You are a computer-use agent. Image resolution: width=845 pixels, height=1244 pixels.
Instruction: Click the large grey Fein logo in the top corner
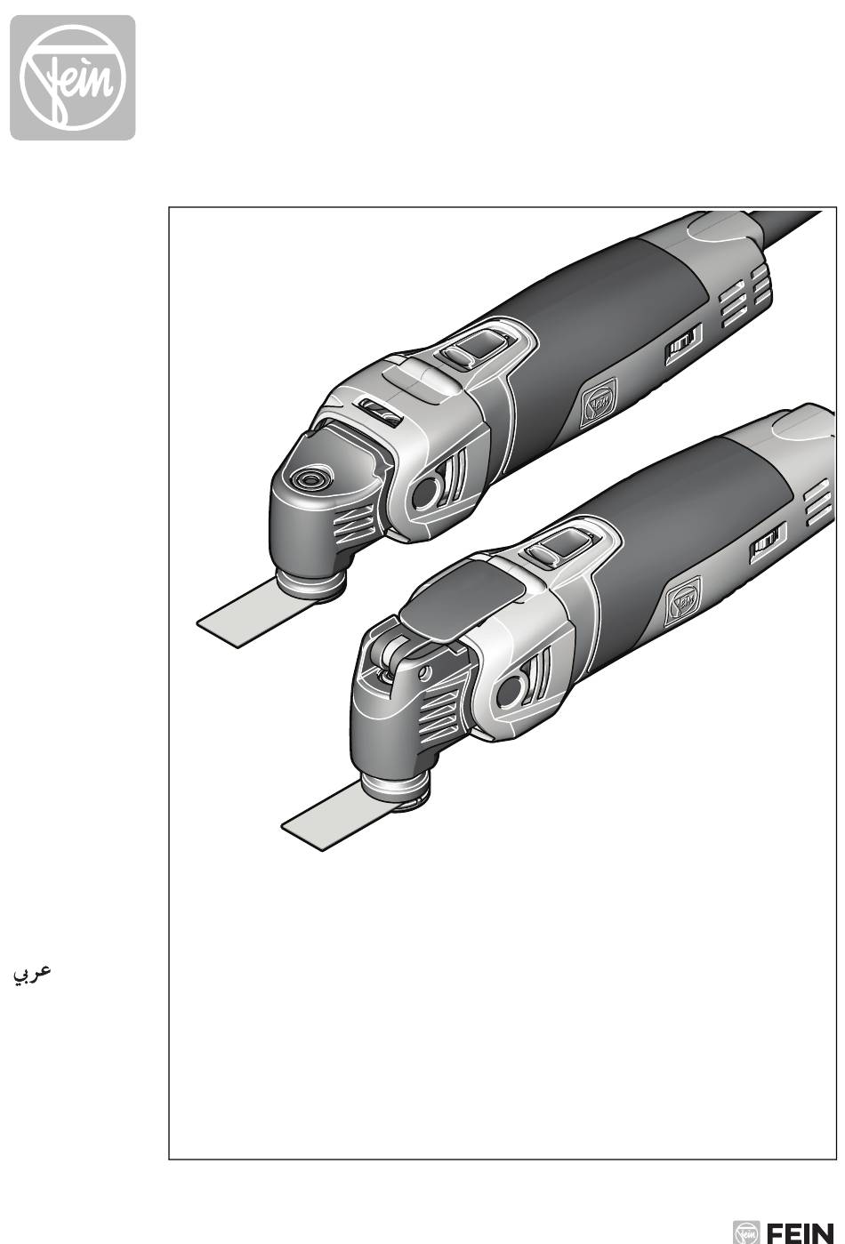[73, 77]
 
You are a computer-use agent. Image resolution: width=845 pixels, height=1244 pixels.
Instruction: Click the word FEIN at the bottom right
[800, 1232]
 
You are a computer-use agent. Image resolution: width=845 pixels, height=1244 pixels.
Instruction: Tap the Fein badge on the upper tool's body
[599, 403]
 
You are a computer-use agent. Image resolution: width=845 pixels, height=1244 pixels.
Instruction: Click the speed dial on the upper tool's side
[684, 344]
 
